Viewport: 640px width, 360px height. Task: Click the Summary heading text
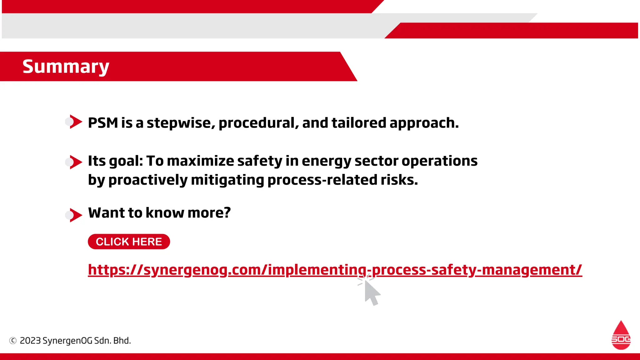(66, 67)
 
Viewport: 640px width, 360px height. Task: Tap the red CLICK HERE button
(129, 242)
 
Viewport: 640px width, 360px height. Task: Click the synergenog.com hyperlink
(335, 270)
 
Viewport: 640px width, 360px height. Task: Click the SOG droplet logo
(621, 336)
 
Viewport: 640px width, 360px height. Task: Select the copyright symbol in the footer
(13, 341)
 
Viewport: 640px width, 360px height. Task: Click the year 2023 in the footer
(30, 341)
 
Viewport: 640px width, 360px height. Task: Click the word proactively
(148, 180)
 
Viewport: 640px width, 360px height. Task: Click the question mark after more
(227, 213)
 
